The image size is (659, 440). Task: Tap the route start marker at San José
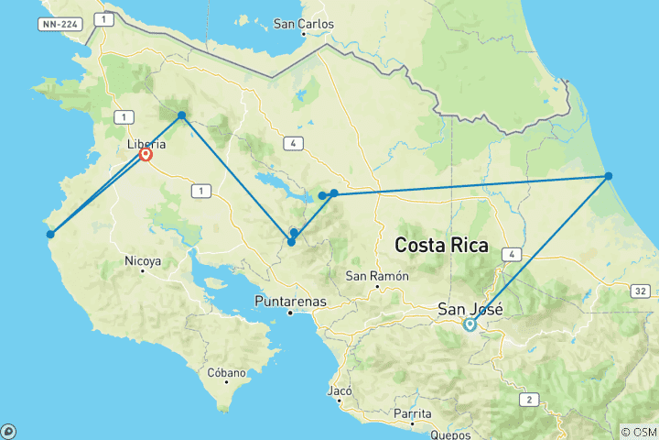(470, 324)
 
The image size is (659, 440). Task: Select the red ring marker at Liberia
(146, 155)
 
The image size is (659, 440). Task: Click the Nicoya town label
(145, 261)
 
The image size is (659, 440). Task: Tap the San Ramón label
(375, 276)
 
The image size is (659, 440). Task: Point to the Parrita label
(413, 413)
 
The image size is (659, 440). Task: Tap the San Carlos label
(304, 24)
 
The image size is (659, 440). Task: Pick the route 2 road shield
(529, 399)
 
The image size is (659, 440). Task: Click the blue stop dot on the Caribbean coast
(608, 176)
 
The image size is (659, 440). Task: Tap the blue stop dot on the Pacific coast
(50, 234)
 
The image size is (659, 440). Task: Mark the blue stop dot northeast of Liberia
(182, 115)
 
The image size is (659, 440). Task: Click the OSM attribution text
(637, 432)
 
